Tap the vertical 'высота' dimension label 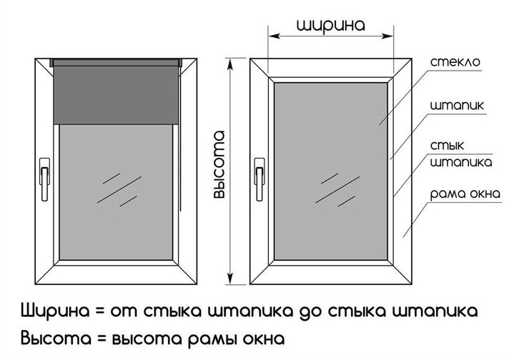pyautogui.click(x=219, y=165)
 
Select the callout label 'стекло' pyautogui.click(x=455, y=62)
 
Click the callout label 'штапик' pyautogui.click(x=458, y=106)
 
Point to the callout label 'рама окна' pyautogui.click(x=462, y=194)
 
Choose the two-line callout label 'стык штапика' pyautogui.click(x=461, y=154)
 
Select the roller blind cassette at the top pyautogui.click(x=117, y=64)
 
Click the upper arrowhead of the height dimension pyautogui.click(x=230, y=64)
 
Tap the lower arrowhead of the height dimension pyautogui.click(x=230, y=279)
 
